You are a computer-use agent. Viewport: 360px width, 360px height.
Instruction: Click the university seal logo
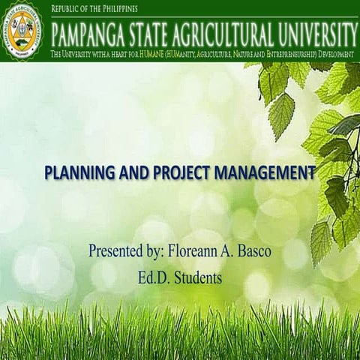pos(25,31)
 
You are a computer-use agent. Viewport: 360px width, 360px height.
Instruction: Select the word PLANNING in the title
pos(78,172)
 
